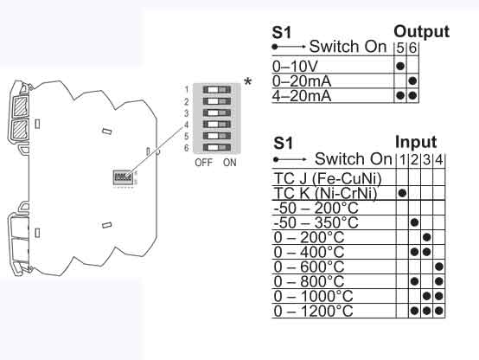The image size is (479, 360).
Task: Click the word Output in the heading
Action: point(421,32)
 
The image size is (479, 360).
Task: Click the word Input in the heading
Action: point(416,142)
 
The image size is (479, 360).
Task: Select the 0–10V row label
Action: point(294,66)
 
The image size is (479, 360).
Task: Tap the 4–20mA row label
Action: point(302,95)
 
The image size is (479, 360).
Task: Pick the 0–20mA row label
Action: point(302,80)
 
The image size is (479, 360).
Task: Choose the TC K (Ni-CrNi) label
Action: point(328,193)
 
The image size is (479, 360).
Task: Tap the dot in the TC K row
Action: point(402,193)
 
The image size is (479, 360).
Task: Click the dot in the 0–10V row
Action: point(399,66)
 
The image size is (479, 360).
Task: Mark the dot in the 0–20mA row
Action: point(412,80)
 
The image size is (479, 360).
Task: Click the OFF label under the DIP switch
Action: point(204,163)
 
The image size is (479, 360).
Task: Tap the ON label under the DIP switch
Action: point(228,163)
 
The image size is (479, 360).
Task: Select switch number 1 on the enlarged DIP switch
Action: point(215,89)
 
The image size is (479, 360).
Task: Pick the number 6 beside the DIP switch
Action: point(186,149)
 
